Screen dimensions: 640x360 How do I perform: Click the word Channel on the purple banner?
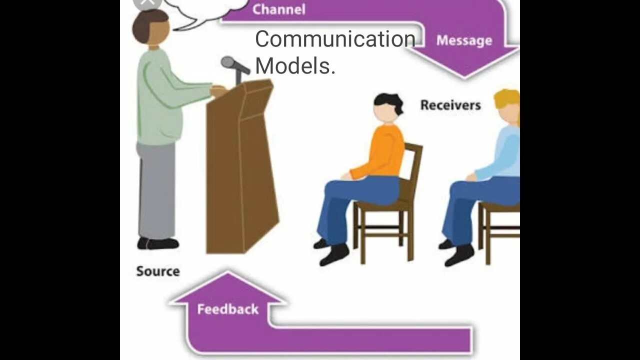278,9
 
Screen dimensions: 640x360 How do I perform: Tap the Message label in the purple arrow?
464,40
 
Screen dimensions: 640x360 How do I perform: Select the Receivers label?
450,105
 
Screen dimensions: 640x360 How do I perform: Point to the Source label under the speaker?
158,271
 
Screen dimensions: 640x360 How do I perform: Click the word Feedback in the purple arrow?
228,309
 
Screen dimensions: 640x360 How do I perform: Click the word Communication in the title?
335,39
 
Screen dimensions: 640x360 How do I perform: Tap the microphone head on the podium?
228,62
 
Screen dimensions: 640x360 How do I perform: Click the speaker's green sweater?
160,95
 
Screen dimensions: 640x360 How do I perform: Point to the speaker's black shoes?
158,243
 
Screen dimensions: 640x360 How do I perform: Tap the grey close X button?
146,2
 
